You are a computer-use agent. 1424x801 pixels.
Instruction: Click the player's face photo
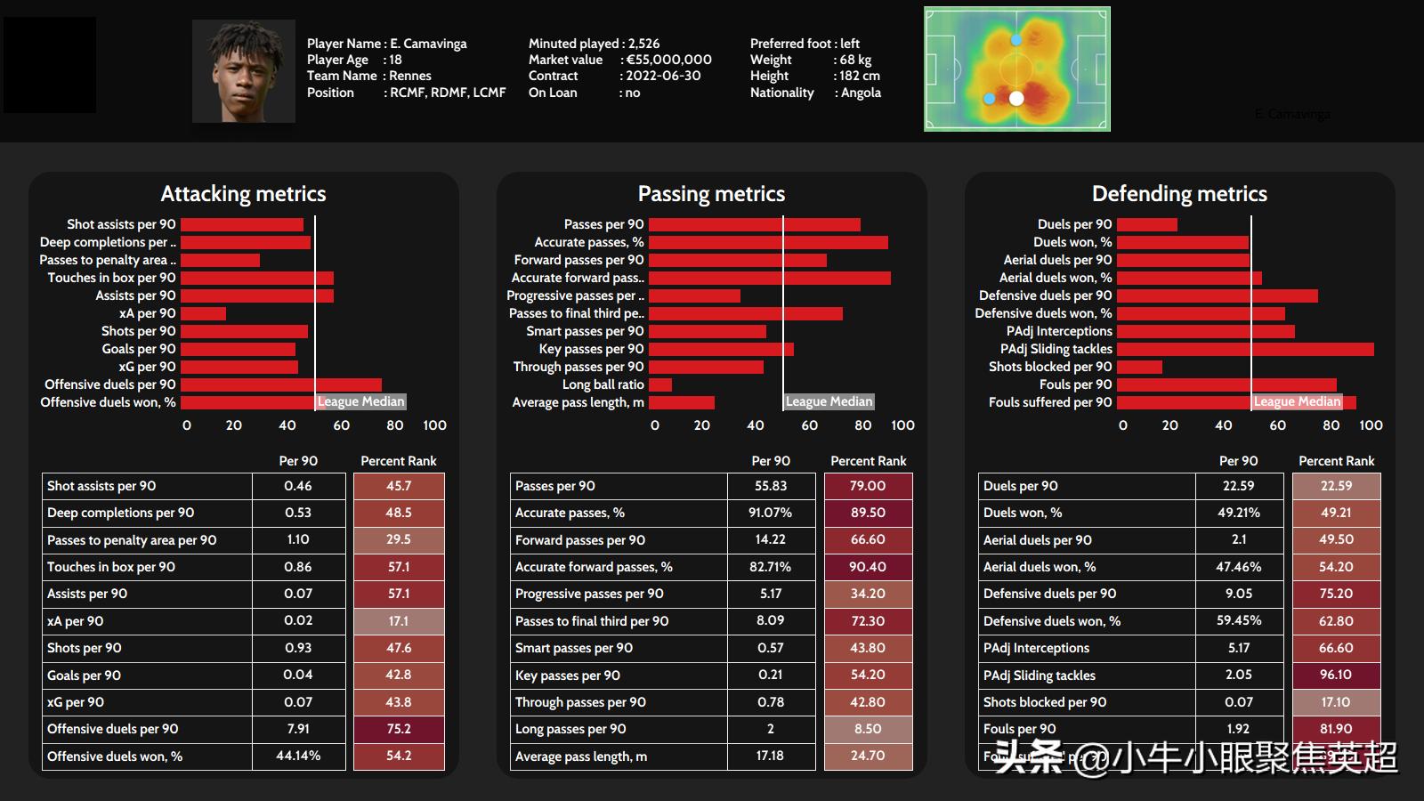pyautogui.click(x=243, y=71)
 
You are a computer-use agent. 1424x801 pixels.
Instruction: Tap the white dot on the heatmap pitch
pyautogui.click(x=1016, y=98)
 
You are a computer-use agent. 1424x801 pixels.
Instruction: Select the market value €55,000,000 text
pyautogui.click(x=668, y=60)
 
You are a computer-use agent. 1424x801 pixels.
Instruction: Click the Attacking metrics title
pyautogui.click(x=243, y=194)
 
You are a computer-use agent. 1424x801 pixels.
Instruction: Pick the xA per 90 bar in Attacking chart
pyautogui.click(x=203, y=313)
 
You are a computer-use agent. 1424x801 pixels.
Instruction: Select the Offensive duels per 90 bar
pyautogui.click(x=280, y=384)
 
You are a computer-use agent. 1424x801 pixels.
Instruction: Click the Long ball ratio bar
pyautogui.click(x=659, y=384)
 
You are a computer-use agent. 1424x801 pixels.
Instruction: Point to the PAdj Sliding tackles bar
pyautogui.click(x=1245, y=349)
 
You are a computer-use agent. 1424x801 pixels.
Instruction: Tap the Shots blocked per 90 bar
pyautogui.click(x=1139, y=367)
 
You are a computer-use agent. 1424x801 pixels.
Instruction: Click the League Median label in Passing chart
pyautogui.click(x=829, y=401)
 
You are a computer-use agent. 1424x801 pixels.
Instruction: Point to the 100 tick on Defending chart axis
pyautogui.click(x=1371, y=425)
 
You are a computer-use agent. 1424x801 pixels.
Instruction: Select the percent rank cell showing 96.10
pyautogui.click(x=1336, y=676)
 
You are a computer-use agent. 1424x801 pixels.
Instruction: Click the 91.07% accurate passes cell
pyautogui.click(x=771, y=513)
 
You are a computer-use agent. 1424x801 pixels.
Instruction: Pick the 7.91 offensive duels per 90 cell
pyautogui.click(x=298, y=729)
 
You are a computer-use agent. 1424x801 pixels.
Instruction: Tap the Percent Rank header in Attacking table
pyautogui.click(x=398, y=461)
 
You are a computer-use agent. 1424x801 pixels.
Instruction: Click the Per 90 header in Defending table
pyautogui.click(x=1238, y=461)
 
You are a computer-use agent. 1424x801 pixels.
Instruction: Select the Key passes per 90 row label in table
pyautogui.click(x=568, y=676)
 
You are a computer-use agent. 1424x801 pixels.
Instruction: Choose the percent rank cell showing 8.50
pyautogui.click(x=868, y=729)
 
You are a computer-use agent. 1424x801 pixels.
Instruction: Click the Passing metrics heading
pyautogui.click(x=711, y=194)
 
